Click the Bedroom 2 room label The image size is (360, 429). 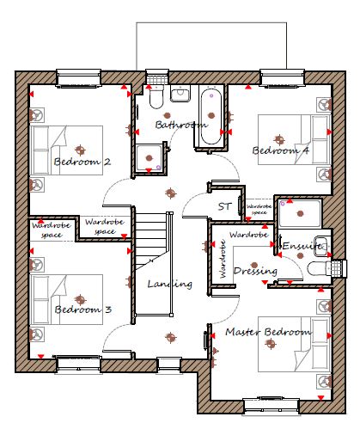(82, 162)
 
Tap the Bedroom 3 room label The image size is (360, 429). (82, 309)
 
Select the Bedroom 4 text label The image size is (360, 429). (281, 150)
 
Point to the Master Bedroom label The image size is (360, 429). (268, 332)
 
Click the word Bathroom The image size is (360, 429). (181, 125)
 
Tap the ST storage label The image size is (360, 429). (224, 206)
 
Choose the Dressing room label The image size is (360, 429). (255, 271)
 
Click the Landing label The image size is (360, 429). (170, 284)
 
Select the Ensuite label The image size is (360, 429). (302, 246)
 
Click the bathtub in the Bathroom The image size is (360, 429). (211, 117)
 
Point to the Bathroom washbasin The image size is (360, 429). (180, 93)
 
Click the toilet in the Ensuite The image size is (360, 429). (319, 268)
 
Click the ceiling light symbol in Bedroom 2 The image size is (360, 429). (81, 150)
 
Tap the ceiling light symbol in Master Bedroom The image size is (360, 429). (270, 343)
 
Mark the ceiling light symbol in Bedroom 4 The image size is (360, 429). (279, 140)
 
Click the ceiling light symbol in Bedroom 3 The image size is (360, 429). (81, 300)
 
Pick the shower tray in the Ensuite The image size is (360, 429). (300, 214)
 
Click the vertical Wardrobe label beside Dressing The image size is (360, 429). (223, 259)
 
